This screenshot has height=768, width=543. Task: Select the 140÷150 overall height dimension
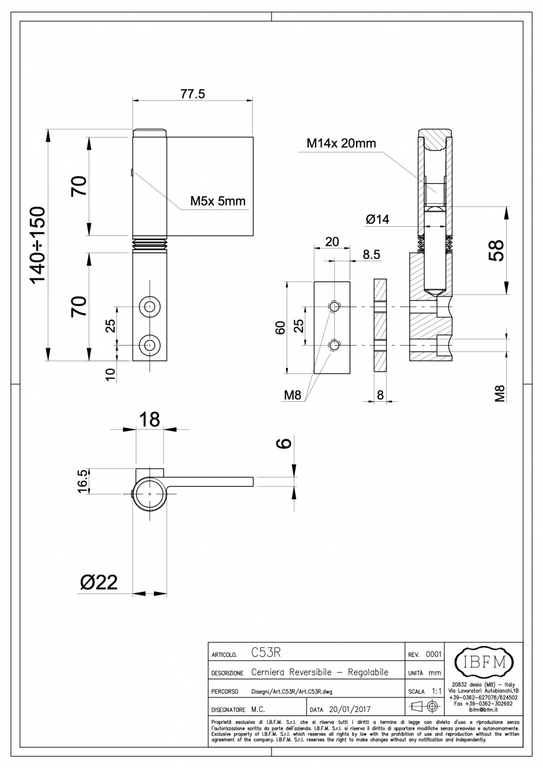(x=37, y=244)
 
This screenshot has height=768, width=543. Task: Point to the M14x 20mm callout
(x=341, y=144)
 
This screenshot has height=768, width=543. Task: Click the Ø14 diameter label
(x=378, y=220)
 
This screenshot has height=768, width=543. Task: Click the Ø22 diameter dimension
(x=98, y=582)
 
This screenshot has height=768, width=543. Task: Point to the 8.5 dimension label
(x=371, y=255)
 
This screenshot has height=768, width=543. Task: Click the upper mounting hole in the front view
(x=149, y=306)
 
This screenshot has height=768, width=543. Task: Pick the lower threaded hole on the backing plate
(x=334, y=344)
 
